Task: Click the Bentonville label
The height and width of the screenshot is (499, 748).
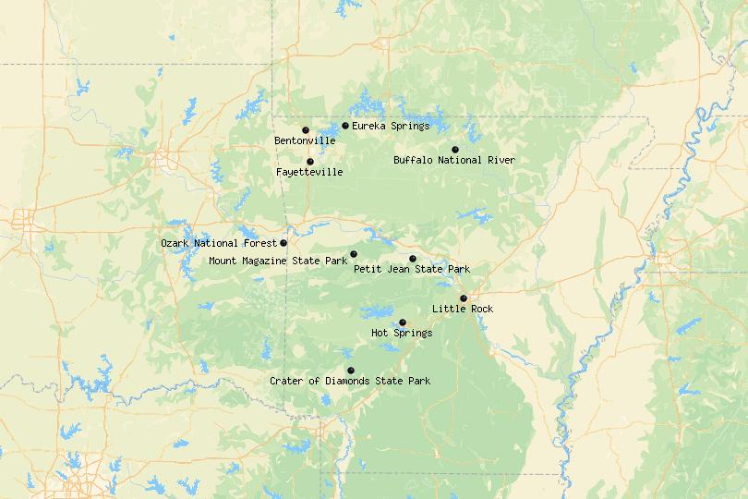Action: [305, 140]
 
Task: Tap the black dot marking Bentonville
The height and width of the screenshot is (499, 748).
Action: [305, 130]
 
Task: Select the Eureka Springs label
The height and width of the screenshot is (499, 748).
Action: [391, 126]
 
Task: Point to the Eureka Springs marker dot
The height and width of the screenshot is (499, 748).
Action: [345, 126]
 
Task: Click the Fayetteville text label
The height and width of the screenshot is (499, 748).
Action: [309, 172]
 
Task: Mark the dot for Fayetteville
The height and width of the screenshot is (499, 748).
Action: [310, 162]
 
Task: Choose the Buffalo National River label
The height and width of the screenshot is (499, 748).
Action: [454, 160]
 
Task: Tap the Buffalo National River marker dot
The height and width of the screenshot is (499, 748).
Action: [454, 150]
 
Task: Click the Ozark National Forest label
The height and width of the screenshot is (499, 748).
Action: [218, 243]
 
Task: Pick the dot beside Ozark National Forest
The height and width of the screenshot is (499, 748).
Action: [284, 243]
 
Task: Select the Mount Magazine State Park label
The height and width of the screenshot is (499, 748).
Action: [278, 262]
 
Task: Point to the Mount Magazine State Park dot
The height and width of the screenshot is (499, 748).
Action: [354, 254]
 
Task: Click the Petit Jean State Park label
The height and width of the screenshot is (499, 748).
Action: [412, 269]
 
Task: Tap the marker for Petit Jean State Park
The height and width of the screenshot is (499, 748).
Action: [413, 259]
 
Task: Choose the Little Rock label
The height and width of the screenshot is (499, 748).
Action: [463, 309]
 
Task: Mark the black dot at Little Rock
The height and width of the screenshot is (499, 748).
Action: [464, 298]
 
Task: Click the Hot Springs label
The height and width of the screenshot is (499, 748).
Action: [402, 333]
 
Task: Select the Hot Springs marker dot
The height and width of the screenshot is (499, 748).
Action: [403, 323]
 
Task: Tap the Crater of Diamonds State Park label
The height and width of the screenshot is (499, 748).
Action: [350, 381]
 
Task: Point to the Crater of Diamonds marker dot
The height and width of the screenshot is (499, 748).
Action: [351, 371]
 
